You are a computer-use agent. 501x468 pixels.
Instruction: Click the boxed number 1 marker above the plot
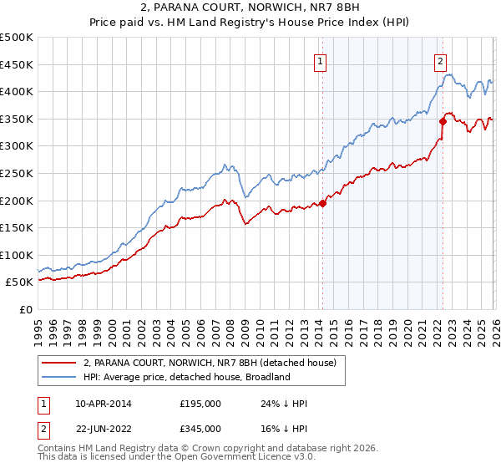point(321,60)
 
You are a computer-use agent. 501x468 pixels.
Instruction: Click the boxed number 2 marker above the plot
point(440,60)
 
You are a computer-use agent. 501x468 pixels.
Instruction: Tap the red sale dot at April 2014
point(322,203)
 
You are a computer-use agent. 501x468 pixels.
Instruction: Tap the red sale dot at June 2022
point(443,121)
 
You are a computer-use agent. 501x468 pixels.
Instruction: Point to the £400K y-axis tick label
point(17,92)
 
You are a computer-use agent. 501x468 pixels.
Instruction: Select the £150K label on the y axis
point(17,227)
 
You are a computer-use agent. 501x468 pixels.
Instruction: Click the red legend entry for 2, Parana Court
point(209,363)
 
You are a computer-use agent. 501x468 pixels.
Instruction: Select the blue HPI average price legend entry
point(185,377)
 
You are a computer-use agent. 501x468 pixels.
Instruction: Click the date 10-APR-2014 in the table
point(104,404)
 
